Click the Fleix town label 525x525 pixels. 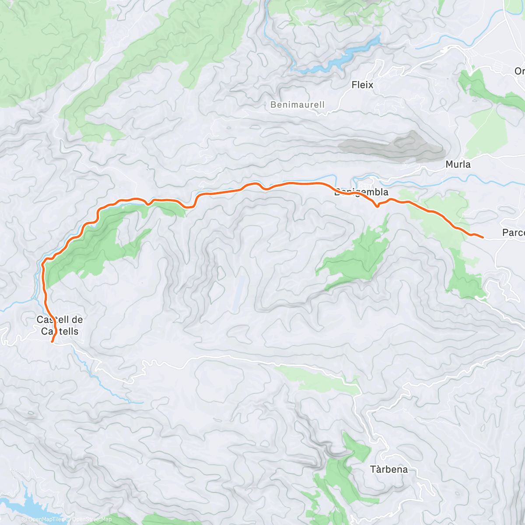[362, 85]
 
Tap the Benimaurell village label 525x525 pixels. [297, 105]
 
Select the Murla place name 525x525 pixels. [458, 164]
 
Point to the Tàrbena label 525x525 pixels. [389, 469]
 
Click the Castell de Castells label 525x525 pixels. [59, 325]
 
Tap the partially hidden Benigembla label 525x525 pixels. [361, 192]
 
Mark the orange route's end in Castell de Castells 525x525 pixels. [52, 342]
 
